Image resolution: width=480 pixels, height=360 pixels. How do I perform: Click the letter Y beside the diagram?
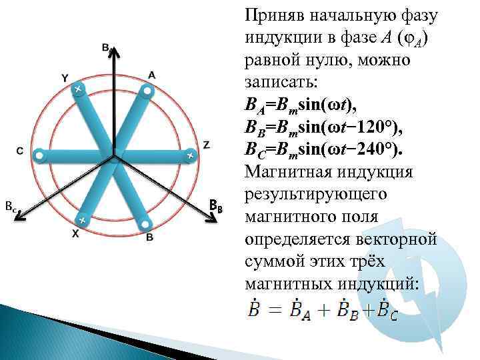tap(65, 78)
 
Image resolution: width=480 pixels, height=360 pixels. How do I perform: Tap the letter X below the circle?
tap(75, 233)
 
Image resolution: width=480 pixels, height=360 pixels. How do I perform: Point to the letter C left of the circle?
tap(20, 151)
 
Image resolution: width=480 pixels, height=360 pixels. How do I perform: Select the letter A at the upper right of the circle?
tap(152, 75)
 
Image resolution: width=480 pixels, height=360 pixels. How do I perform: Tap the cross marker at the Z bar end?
tap(190, 155)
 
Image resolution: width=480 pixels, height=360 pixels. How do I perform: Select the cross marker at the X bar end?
tap(81, 219)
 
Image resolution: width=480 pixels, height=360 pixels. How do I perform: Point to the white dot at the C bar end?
tap(39, 156)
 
